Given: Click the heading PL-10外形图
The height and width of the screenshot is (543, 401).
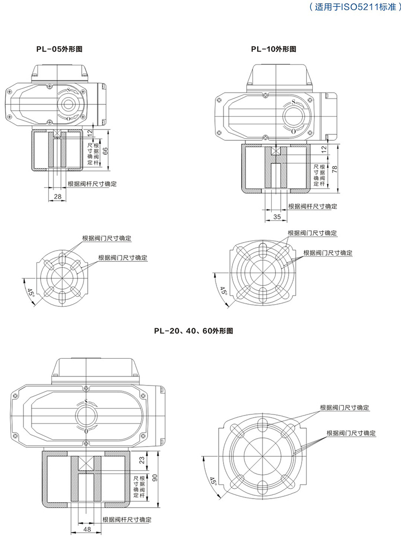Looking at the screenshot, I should pyautogui.click(x=273, y=49).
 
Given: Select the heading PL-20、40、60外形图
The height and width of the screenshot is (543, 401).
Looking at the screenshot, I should pyautogui.click(x=192, y=331).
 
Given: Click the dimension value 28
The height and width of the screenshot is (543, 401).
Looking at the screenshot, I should pyautogui.click(x=57, y=197).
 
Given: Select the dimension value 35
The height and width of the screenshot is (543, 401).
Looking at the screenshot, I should pyautogui.click(x=276, y=216).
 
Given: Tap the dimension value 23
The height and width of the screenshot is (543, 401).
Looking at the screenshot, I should pyautogui.click(x=141, y=460).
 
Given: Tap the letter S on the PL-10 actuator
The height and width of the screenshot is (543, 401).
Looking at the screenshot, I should pyautogui.click(x=292, y=101).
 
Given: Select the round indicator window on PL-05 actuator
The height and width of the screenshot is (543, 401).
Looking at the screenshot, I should pyautogui.click(x=68, y=103).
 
